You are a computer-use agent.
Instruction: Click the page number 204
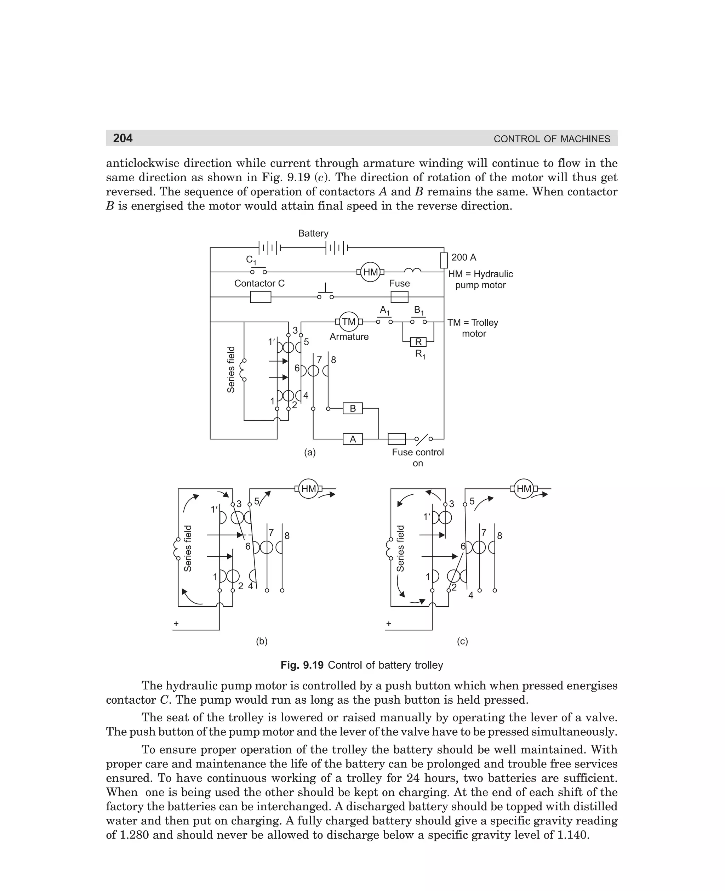tap(123, 138)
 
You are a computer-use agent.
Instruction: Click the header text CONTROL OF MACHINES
tap(552, 139)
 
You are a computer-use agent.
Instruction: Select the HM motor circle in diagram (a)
tap(370, 272)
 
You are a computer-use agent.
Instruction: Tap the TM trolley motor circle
tap(349, 322)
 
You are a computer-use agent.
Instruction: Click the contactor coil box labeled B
tap(353, 408)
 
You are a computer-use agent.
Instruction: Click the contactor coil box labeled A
tap(353, 439)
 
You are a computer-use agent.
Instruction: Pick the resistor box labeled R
tap(418, 342)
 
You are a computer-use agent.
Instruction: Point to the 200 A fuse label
tap(463, 257)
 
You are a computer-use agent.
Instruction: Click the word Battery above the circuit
tap(313, 233)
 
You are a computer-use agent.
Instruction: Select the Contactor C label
tap(259, 283)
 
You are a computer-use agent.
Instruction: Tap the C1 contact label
tap(251, 260)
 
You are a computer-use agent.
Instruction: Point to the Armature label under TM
tap(349, 337)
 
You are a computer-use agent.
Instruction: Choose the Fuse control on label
tap(418, 458)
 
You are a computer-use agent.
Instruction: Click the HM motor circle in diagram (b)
tap(309, 489)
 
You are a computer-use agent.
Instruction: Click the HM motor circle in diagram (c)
tap(524, 489)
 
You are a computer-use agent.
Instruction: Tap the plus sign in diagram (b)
tap(176, 624)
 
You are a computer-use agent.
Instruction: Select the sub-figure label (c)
tap(462, 641)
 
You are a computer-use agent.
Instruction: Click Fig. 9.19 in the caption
tap(302, 665)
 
